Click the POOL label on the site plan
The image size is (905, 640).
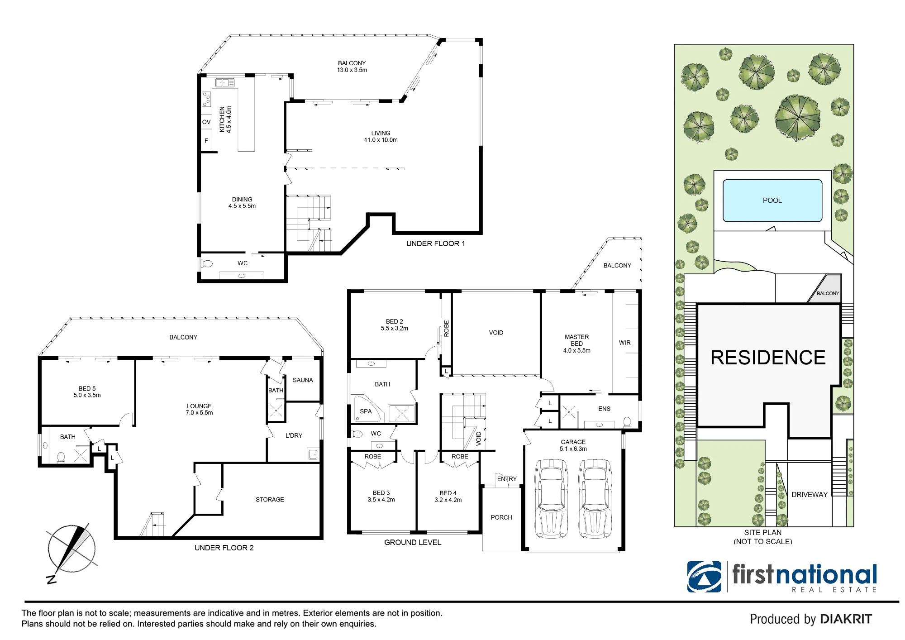[x=772, y=201]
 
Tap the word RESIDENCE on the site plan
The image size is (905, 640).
[x=768, y=358]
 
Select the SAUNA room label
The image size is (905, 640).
[x=303, y=380]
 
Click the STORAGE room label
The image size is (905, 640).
[x=270, y=500]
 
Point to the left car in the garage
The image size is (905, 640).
[x=551, y=498]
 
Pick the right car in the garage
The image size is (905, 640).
[x=595, y=498]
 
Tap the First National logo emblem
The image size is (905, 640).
[x=705, y=577]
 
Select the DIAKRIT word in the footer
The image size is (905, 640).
[x=846, y=619]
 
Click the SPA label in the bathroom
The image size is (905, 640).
[x=366, y=411]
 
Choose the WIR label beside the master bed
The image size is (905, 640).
[x=624, y=343]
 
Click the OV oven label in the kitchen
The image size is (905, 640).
[x=206, y=122]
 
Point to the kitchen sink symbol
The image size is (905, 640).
[x=225, y=82]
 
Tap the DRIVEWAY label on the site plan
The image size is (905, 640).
[x=809, y=495]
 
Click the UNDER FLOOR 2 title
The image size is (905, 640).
[x=224, y=548]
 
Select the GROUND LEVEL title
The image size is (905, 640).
[x=413, y=542]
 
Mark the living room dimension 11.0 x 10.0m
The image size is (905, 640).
[x=381, y=140]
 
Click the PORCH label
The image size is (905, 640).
[x=501, y=517]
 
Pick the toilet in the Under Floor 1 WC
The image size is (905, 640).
[x=207, y=263]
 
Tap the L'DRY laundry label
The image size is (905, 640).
[x=294, y=435]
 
